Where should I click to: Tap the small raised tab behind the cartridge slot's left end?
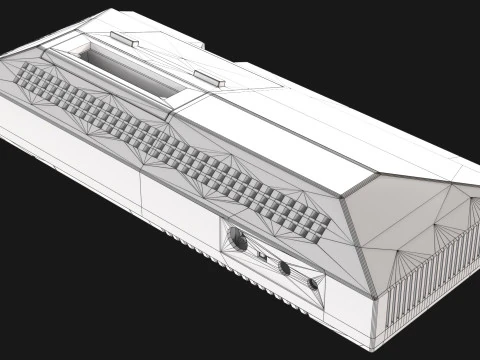tap(126, 39)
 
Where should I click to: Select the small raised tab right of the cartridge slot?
tap(206, 78)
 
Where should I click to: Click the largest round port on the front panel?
tap(239, 239)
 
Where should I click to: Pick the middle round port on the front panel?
tap(285, 267)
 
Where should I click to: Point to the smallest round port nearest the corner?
tap(313, 283)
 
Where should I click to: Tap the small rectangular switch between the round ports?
tap(263, 256)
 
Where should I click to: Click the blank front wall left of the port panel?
tap(180, 205)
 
